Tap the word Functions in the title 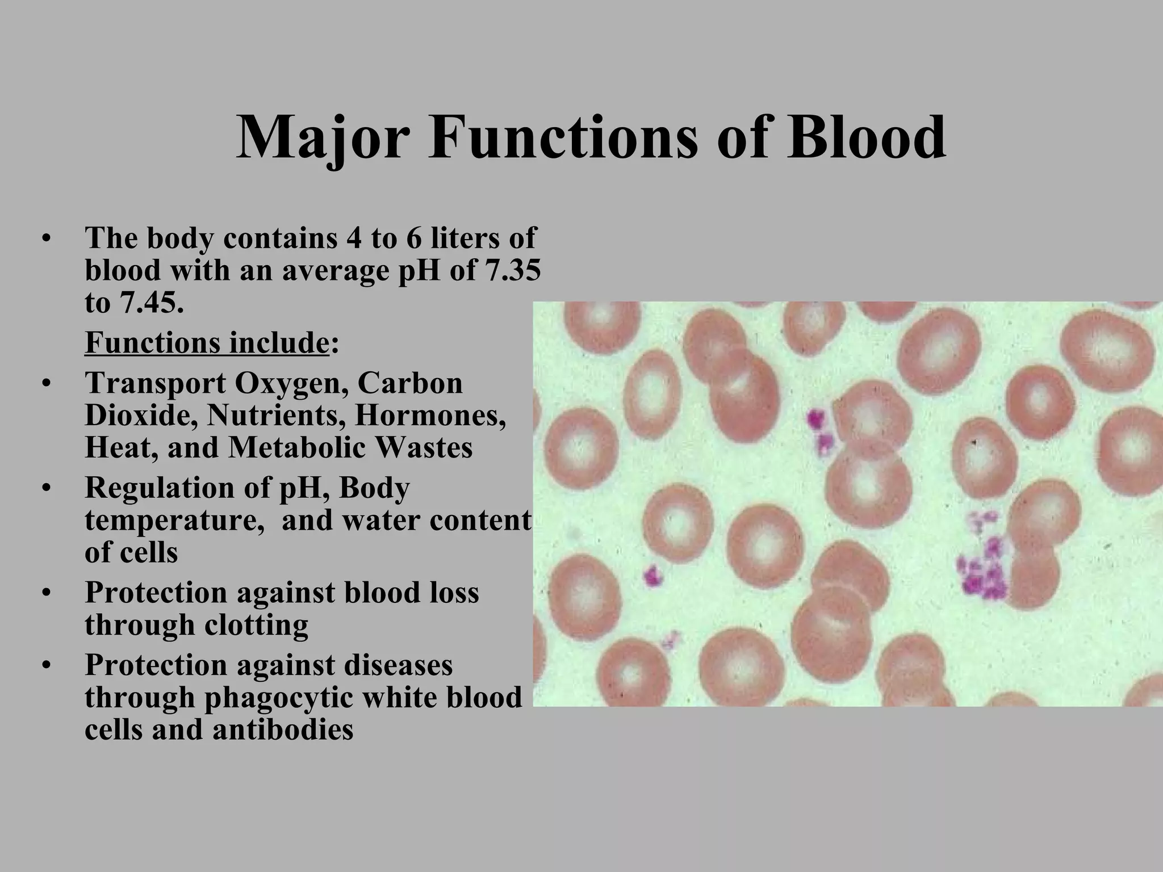(563, 138)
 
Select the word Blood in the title (866, 138)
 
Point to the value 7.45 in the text (150, 303)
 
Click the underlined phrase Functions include (207, 342)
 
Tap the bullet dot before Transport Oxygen (47, 384)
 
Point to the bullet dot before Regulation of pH (47, 489)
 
